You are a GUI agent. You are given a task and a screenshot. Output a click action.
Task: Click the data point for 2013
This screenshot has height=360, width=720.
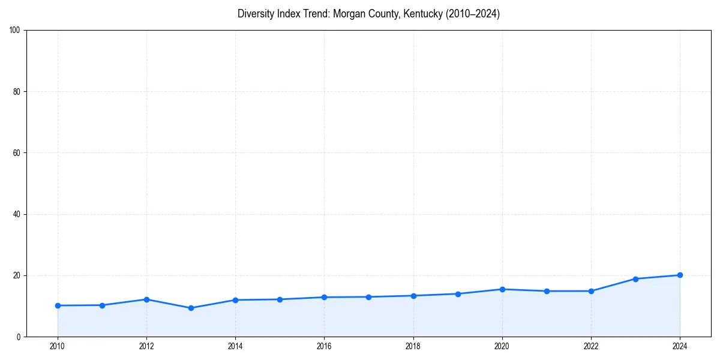[191, 308]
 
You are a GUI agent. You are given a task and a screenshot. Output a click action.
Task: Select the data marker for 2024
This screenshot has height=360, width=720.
[680, 275]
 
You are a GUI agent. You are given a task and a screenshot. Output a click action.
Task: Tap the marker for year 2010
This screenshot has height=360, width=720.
[58, 305]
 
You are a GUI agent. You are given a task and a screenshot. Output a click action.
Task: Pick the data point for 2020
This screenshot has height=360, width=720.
[502, 289]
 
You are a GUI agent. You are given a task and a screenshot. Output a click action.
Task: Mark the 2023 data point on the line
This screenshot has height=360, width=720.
[635, 278]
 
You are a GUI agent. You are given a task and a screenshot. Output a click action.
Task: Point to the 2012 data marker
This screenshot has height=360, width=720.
[146, 299]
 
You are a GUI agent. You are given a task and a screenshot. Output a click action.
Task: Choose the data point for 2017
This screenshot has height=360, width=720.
[368, 297]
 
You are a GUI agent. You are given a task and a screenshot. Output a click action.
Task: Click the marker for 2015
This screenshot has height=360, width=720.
[280, 299]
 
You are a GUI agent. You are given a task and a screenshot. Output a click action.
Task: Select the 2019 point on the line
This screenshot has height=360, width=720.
[458, 294]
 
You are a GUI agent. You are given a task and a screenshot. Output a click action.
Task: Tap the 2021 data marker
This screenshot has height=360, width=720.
[547, 291]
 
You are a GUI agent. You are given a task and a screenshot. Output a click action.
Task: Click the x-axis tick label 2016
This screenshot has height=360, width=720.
[324, 346]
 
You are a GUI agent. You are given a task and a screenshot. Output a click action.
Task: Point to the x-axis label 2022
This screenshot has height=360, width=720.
[591, 346]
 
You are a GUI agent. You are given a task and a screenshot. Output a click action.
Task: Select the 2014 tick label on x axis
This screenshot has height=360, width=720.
[235, 346]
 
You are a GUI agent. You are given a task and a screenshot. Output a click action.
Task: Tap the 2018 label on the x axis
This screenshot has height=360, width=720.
[413, 346]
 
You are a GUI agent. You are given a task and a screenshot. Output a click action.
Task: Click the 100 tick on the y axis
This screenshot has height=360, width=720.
[16, 30]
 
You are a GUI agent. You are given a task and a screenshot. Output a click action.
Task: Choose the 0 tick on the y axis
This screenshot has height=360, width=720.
[19, 337]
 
